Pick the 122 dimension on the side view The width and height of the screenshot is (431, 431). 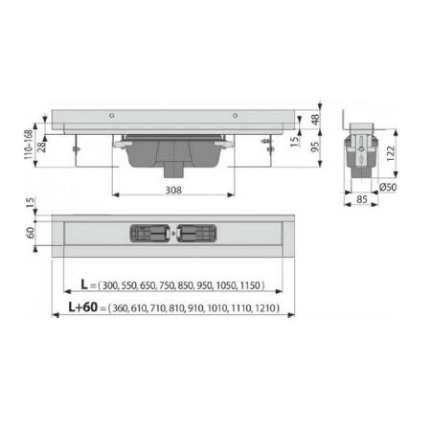click(x=391, y=151)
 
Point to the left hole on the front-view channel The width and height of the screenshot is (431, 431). click(x=113, y=116)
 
